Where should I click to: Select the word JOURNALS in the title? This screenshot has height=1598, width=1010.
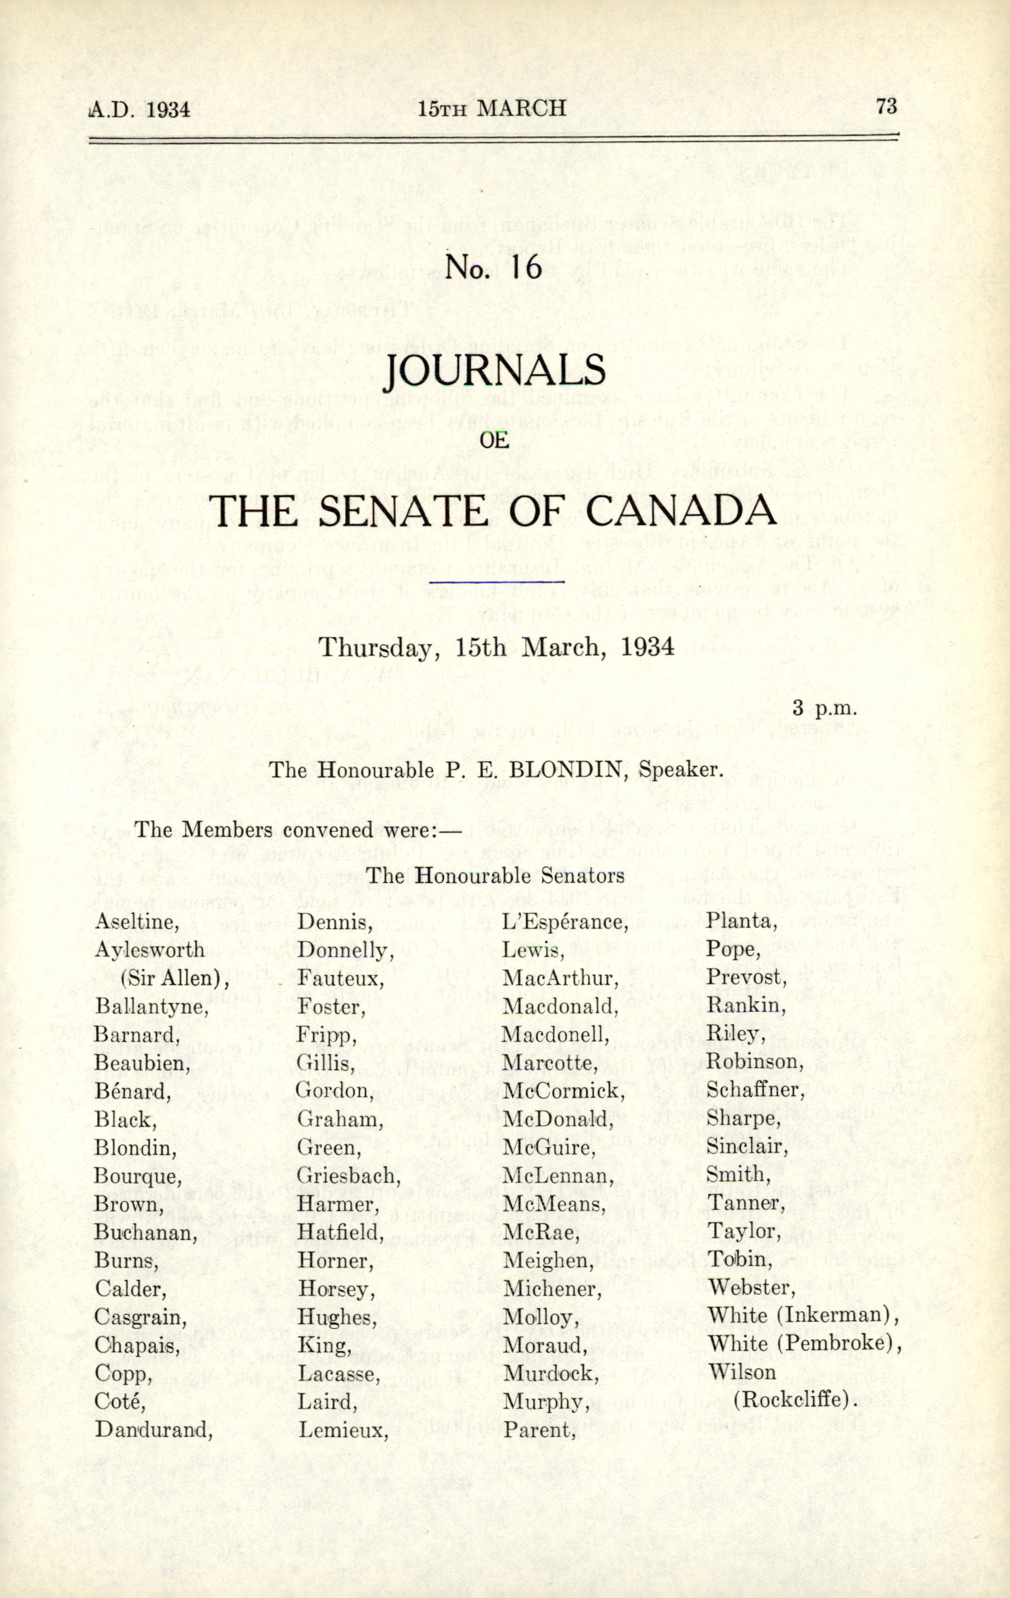pos(495,372)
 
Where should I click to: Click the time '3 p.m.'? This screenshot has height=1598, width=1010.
pos(825,708)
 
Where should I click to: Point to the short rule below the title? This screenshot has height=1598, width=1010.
pos(497,581)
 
